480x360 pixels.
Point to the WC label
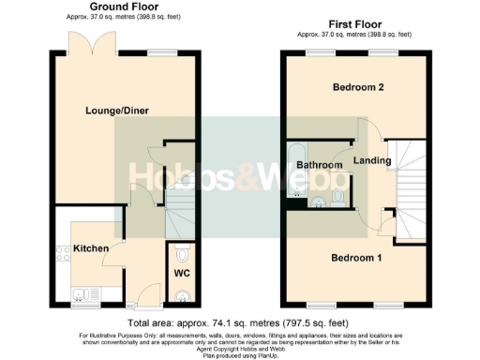(x=182, y=275)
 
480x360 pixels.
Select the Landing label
(x=372, y=161)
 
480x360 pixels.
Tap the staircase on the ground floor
(x=178, y=214)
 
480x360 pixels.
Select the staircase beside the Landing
(x=408, y=183)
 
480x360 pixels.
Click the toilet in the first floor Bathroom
(x=338, y=196)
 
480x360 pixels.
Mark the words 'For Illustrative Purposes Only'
(x=113, y=335)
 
